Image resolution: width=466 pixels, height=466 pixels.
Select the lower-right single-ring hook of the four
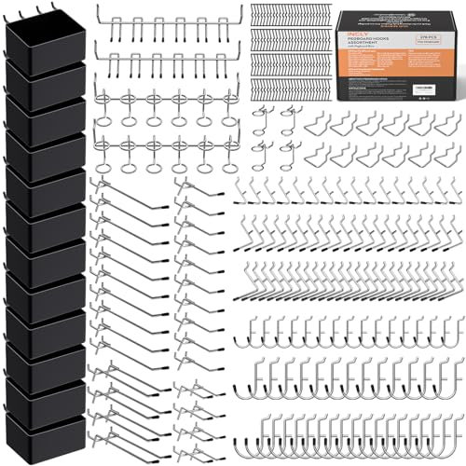tap(292, 154)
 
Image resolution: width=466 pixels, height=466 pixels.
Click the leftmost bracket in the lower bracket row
tap(317, 155)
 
